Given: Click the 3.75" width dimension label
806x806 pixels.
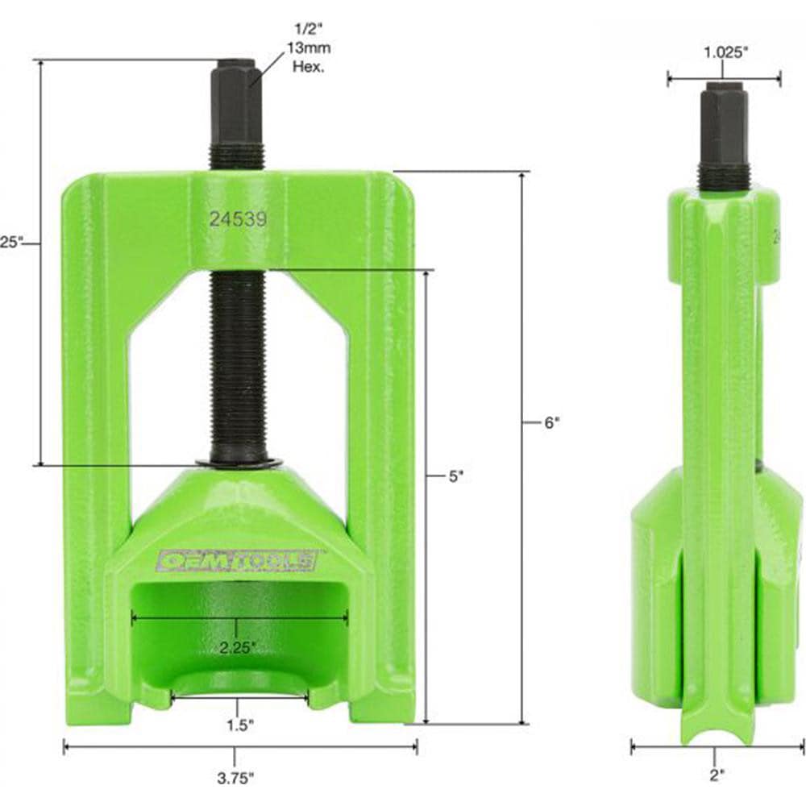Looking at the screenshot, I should [235, 778].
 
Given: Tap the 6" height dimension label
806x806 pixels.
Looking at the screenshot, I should [550, 421].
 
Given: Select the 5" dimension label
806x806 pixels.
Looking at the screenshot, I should [456, 476].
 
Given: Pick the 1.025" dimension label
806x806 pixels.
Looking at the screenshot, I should [725, 52].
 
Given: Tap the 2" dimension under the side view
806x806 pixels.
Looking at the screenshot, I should [717, 775].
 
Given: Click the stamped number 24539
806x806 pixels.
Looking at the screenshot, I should [238, 218].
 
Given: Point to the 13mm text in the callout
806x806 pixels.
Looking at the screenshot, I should [310, 50].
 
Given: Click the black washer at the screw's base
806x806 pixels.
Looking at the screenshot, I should [238, 463].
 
